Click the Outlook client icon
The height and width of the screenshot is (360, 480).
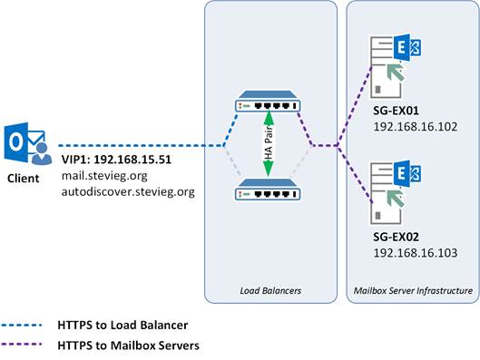click(x=27, y=144)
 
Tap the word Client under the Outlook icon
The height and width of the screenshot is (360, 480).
click(x=24, y=179)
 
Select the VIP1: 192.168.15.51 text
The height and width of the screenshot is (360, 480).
click(x=116, y=160)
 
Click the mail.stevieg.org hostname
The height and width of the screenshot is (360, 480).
click(x=104, y=176)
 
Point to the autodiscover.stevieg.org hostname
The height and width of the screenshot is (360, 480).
click(x=128, y=191)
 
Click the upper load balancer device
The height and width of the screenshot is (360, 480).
click(x=268, y=102)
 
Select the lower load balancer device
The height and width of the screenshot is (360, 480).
click(x=268, y=190)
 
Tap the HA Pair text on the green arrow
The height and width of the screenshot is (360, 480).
click(x=269, y=143)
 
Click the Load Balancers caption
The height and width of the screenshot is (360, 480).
click(x=270, y=290)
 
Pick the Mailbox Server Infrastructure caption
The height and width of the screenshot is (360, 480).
click(x=413, y=290)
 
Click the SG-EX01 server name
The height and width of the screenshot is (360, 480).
click(x=396, y=111)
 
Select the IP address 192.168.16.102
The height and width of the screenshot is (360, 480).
click(x=416, y=127)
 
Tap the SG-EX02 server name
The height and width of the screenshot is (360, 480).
click(x=396, y=237)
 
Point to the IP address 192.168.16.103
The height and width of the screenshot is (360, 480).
click(x=416, y=253)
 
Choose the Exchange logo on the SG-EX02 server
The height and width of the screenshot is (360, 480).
click(x=407, y=174)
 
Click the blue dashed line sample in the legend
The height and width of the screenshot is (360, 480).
click(x=22, y=326)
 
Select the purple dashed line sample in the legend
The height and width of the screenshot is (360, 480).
click(x=22, y=345)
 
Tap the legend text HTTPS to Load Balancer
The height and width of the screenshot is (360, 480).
click(x=122, y=326)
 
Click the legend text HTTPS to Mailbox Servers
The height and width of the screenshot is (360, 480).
click(x=128, y=345)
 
